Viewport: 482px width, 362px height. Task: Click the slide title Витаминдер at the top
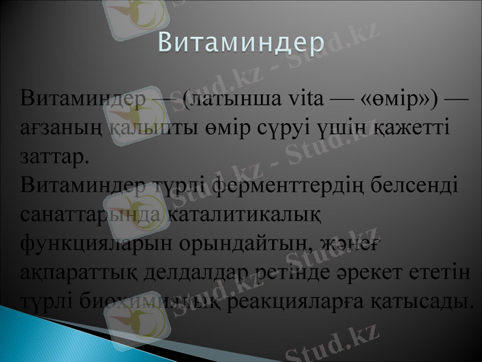point(241,43)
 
